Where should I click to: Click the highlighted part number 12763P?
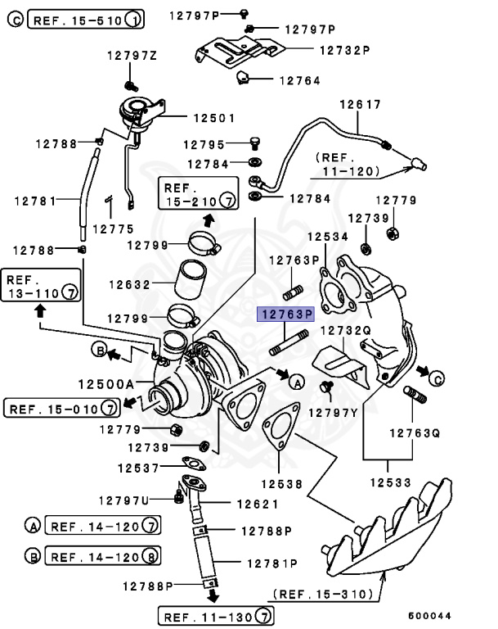[287, 314]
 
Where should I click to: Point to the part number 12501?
[191, 117]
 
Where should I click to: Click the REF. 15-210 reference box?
[197, 192]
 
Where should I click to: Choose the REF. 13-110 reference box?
[40, 283]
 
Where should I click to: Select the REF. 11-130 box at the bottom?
[216, 615]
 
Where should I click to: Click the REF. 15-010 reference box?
[62, 406]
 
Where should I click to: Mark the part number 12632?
[130, 286]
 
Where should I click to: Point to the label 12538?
[282, 483]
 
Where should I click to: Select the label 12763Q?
[414, 432]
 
